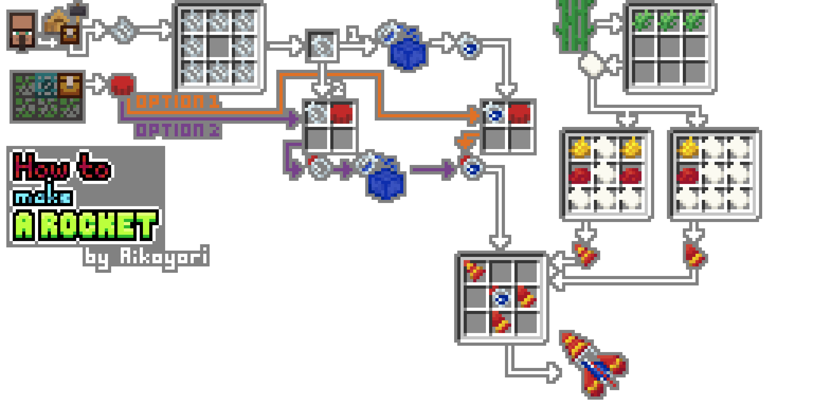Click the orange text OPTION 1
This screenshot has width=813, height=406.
coord(178,102)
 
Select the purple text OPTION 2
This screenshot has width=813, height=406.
coord(178,130)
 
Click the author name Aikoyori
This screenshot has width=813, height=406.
coord(164,256)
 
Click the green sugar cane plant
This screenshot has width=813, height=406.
coord(574,25)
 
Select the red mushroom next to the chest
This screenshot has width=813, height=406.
coord(122,85)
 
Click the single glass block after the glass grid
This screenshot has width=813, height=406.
coord(322,46)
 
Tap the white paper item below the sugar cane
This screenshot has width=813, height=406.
coord(592,65)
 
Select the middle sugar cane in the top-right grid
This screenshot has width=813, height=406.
coord(670,21)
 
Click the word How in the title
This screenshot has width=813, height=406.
coord(43,167)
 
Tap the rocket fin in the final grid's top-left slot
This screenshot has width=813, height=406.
coord(474,271)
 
